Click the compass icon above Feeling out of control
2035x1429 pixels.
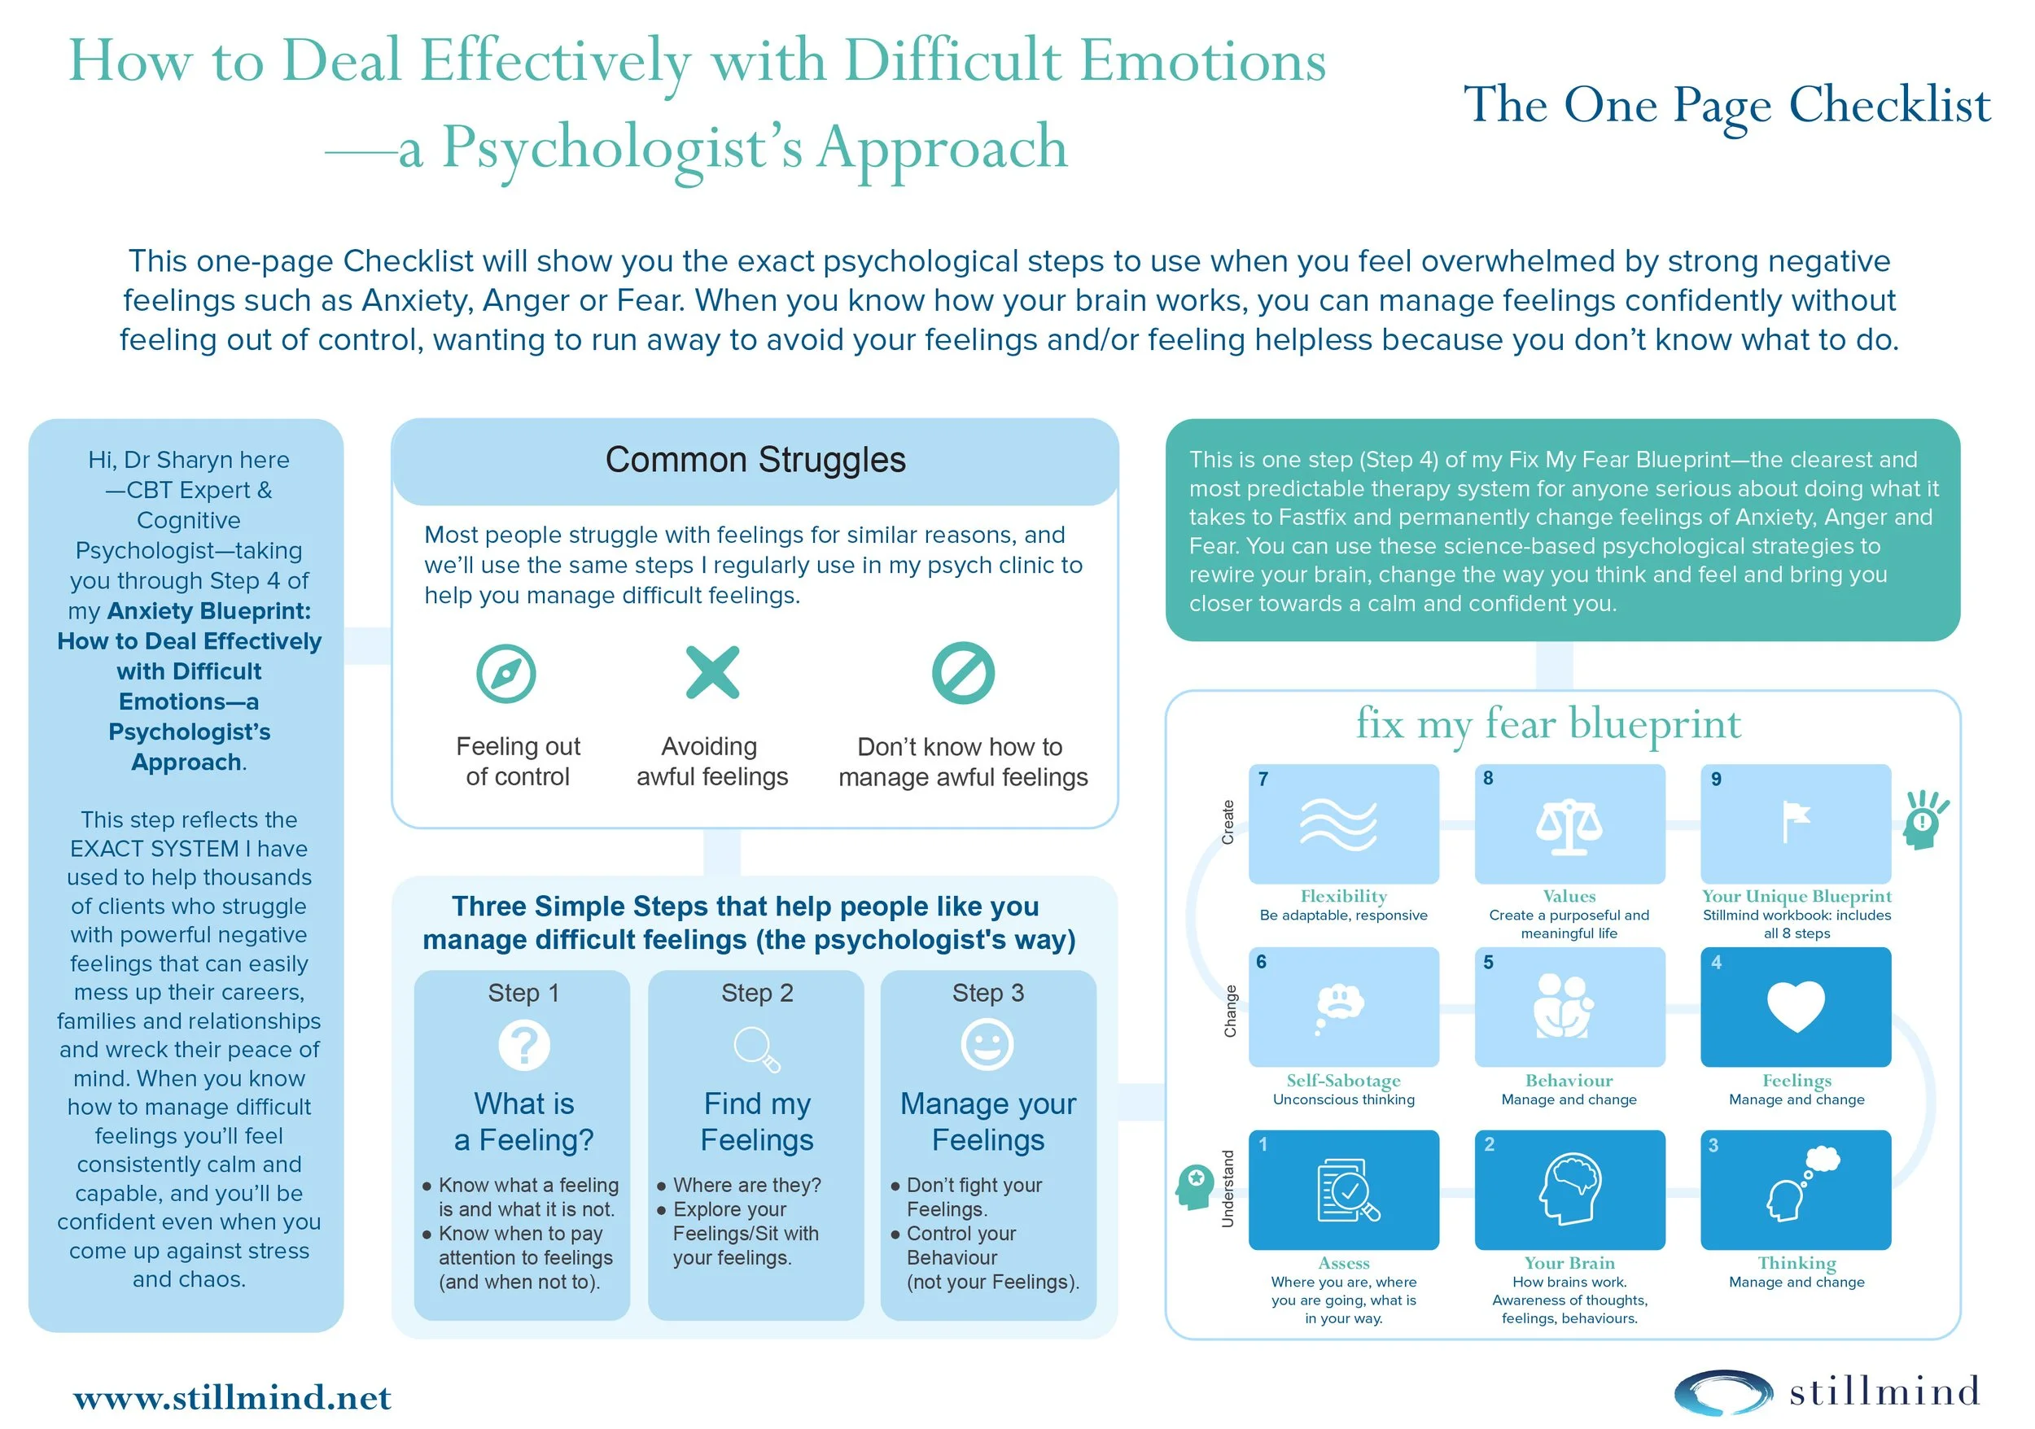coord(506,673)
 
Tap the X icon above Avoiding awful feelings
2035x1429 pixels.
coord(712,672)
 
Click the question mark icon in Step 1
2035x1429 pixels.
coord(524,1045)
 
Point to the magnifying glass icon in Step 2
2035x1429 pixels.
coord(756,1048)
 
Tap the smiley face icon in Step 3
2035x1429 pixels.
coord(987,1045)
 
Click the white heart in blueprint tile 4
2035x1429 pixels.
coord(1796,1007)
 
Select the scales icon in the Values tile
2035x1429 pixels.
coord(1569,826)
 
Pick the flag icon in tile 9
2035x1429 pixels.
coord(1795,821)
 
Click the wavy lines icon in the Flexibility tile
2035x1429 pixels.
coord(1338,824)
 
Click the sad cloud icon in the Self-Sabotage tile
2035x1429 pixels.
coord(1339,1007)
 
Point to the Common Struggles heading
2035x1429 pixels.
coord(755,460)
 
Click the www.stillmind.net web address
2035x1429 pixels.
coord(232,1397)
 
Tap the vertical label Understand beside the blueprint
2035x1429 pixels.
coord(1228,1188)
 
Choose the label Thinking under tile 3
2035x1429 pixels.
coord(1796,1262)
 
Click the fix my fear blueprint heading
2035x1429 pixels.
coord(1547,723)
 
